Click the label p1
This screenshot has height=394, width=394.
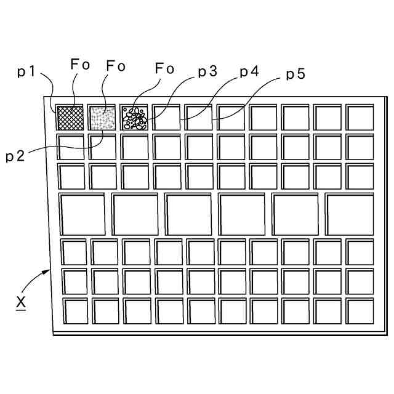[26, 72]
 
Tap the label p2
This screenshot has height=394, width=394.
[16, 156]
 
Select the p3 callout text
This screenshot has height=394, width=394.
[207, 72]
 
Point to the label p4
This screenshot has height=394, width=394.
[249, 72]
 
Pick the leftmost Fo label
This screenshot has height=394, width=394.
[80, 65]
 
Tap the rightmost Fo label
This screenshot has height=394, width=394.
[164, 68]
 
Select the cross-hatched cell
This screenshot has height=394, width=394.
[70, 117]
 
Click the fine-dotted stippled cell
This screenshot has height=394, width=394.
[102, 117]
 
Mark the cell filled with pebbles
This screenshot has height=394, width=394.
[134, 117]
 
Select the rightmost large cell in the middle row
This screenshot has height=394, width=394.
[350, 214]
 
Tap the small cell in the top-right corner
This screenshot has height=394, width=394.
[360, 117]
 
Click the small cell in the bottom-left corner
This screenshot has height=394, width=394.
[75, 311]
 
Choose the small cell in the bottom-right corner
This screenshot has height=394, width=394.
[360, 311]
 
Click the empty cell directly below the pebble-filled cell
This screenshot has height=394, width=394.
[134, 147]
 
